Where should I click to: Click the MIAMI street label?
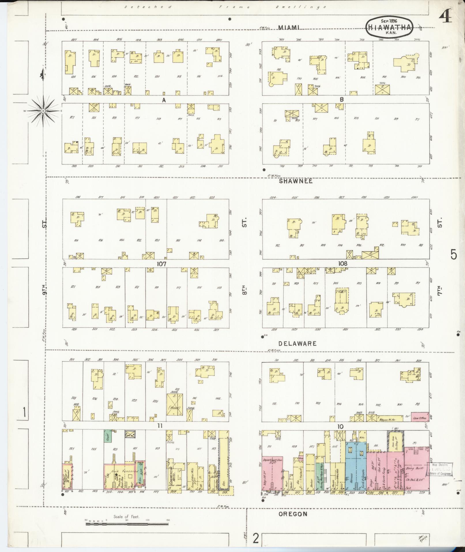click(289, 27)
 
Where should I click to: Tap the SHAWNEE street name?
click(295, 181)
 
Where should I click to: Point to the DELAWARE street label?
click(297, 344)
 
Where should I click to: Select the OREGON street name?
click(293, 514)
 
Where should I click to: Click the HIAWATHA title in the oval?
click(390, 27)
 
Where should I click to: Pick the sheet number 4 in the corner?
click(445, 18)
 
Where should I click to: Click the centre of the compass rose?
click(43, 111)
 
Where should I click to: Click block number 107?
click(162, 264)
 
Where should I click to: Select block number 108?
click(343, 263)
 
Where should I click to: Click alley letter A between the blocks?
click(164, 100)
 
